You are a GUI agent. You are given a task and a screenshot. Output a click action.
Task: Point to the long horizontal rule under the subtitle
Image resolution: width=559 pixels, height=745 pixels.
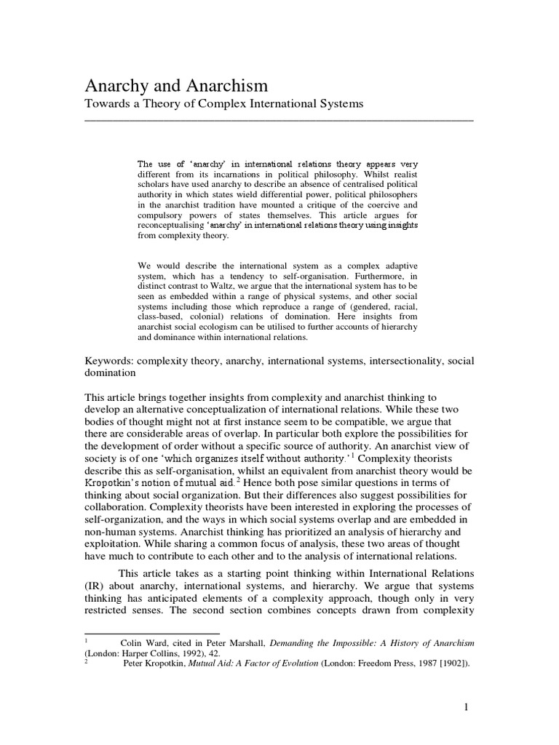point(279,119)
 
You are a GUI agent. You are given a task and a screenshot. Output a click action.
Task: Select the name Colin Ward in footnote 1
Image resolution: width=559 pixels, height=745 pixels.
point(148,642)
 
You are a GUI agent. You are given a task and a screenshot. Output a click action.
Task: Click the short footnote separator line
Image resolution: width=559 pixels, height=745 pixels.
point(152,633)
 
